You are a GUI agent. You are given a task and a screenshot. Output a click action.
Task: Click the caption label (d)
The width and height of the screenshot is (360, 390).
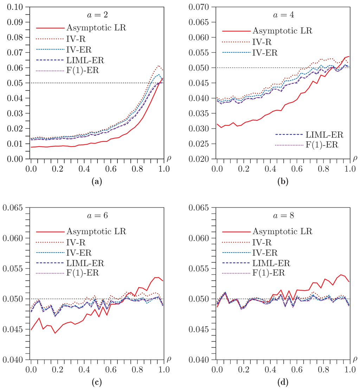pyautogui.click(x=282, y=382)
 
